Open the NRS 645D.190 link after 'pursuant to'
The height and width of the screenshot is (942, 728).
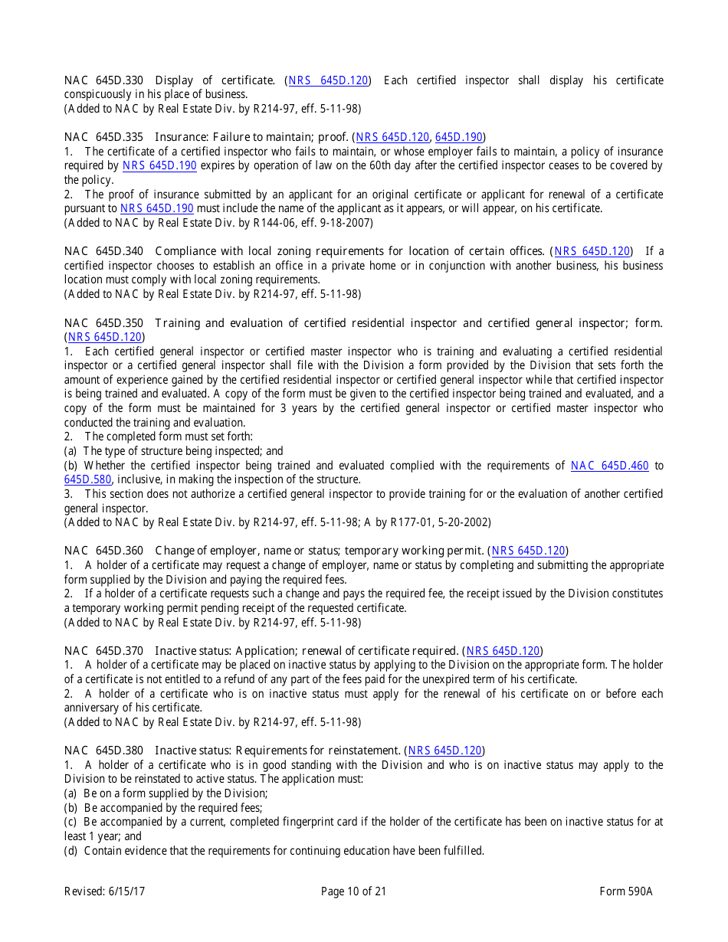[156, 208]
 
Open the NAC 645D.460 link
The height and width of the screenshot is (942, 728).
[610, 466]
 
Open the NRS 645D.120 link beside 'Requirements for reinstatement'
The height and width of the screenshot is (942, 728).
[444, 751]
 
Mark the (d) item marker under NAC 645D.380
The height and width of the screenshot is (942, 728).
[72, 851]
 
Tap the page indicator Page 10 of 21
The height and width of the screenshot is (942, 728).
[353, 891]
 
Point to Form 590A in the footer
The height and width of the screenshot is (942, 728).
[625, 891]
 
